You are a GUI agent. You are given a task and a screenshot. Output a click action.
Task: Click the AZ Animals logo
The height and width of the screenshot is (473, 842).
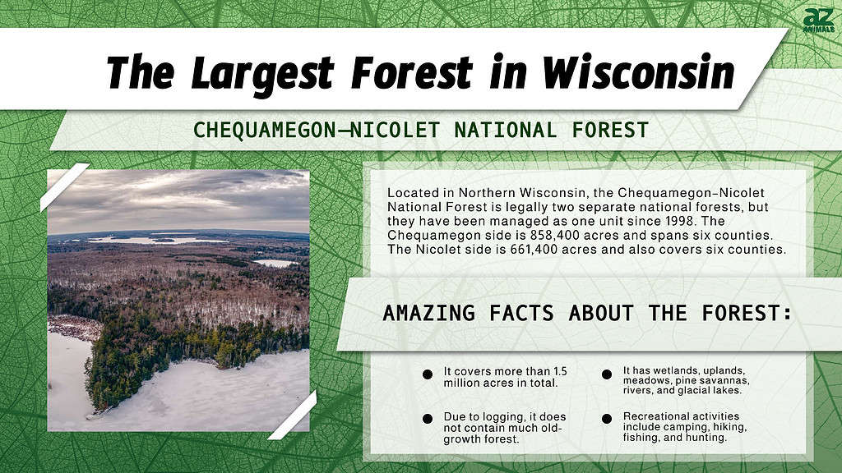[x=818, y=21]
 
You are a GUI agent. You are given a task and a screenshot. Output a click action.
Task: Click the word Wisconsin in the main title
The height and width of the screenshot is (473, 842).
[x=638, y=72]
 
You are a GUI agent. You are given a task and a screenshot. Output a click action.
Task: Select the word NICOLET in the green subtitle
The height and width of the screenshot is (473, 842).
[x=396, y=131]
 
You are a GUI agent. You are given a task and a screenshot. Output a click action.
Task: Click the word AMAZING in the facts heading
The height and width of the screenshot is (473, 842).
[x=429, y=313]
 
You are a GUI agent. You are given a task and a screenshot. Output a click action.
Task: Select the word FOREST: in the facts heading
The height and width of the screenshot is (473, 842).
[x=747, y=313]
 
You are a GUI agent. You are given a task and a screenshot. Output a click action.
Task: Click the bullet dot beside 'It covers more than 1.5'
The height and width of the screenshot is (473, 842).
[x=428, y=374]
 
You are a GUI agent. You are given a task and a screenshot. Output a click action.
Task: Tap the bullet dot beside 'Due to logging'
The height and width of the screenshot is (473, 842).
[x=428, y=419]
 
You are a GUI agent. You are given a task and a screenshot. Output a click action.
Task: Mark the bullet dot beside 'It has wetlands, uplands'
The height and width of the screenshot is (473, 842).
[x=607, y=374]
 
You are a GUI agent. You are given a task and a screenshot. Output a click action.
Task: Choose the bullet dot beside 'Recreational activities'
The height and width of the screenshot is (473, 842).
[x=607, y=419]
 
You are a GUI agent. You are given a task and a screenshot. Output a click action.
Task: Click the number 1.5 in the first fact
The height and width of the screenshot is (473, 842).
[x=560, y=371]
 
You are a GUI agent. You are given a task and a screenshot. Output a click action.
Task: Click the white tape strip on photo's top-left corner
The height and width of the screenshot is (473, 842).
[x=64, y=187]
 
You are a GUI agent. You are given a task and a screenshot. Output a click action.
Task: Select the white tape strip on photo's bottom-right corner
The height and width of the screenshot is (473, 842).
[x=293, y=416]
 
